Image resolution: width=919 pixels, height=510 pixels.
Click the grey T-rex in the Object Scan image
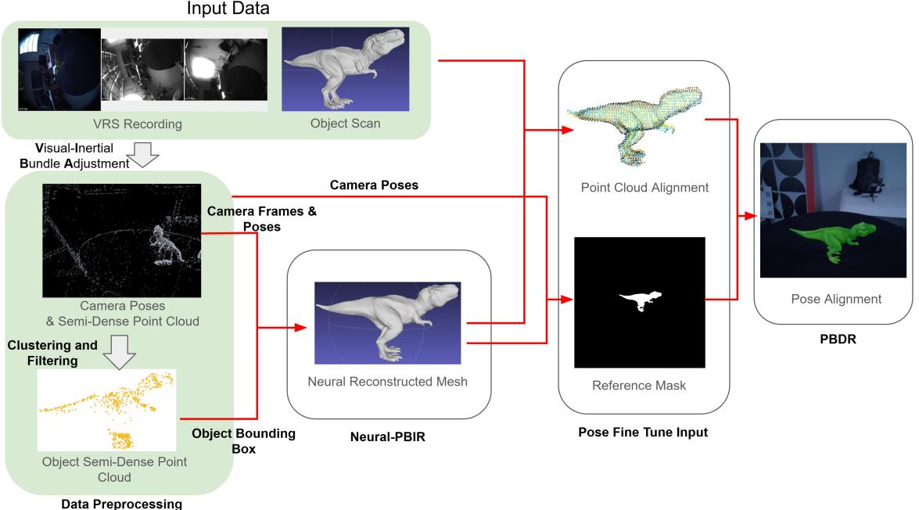[x=344, y=69]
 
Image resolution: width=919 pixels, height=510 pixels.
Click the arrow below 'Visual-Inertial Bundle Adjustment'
[x=142, y=154]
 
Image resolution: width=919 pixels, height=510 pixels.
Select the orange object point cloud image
[x=106, y=409]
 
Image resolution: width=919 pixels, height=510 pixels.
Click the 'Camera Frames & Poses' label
[x=262, y=218]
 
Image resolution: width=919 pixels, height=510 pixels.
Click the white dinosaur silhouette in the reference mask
[x=640, y=300]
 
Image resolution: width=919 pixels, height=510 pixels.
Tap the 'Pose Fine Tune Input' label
[x=642, y=432]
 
